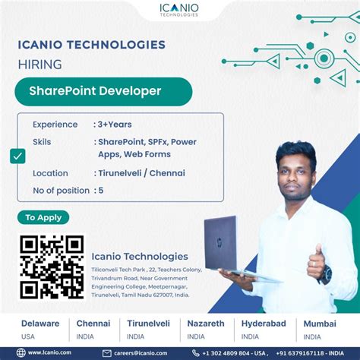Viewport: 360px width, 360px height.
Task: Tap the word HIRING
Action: tap(40, 65)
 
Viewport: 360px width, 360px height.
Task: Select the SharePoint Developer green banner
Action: tap(103, 91)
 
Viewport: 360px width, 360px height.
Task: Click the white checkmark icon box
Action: tap(18, 156)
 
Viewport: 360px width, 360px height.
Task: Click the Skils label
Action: tap(43, 141)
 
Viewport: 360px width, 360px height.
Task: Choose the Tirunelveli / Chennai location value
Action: tap(142, 172)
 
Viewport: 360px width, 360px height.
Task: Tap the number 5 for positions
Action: tap(100, 190)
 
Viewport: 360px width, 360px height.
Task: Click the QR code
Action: tap(51, 266)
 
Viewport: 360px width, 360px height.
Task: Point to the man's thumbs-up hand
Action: tap(316, 261)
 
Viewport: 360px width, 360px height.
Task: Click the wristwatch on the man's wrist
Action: tap(325, 276)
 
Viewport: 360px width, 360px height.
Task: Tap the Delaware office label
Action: tap(40, 324)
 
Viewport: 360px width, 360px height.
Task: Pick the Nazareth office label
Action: tap(206, 324)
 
